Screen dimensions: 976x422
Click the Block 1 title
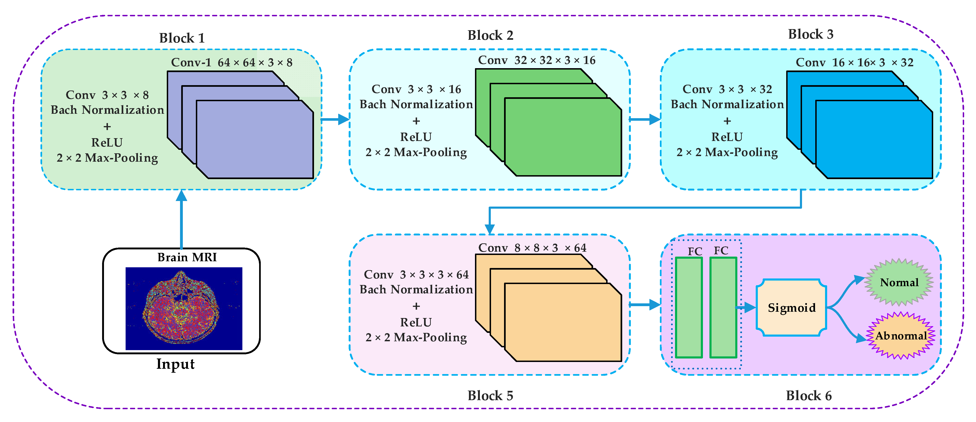[x=182, y=38]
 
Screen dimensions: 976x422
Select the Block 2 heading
[x=490, y=35]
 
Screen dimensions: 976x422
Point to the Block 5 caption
[x=490, y=395]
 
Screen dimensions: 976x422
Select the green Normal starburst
[x=899, y=282]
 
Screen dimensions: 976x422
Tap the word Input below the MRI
[x=175, y=364]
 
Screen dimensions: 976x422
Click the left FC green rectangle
[x=689, y=308]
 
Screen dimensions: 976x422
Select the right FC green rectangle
[x=723, y=308]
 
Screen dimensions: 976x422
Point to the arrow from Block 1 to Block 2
[x=335, y=120]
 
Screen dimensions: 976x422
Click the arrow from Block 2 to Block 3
[x=645, y=120]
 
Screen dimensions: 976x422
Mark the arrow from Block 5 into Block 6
[x=645, y=305]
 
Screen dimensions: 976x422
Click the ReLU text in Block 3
[x=727, y=137]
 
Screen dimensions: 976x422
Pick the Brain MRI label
[x=187, y=257]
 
